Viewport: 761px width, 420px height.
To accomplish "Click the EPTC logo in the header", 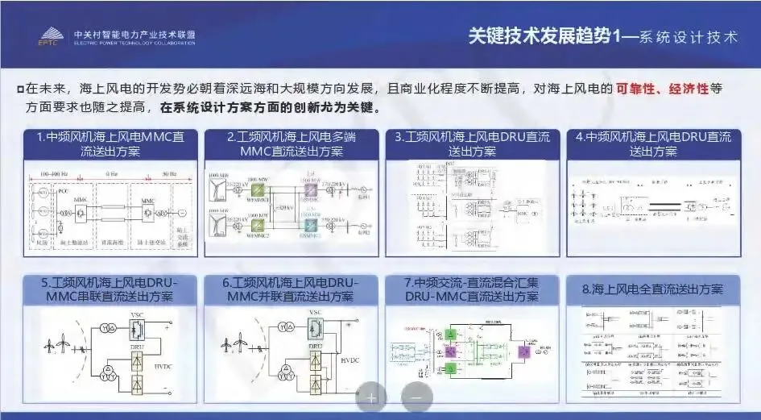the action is pos(51,35).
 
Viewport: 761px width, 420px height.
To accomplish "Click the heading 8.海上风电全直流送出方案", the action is pos(652,289).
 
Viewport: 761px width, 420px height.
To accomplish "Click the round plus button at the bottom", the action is pos(371,397).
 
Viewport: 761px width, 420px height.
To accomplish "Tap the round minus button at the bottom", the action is pos(416,397).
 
